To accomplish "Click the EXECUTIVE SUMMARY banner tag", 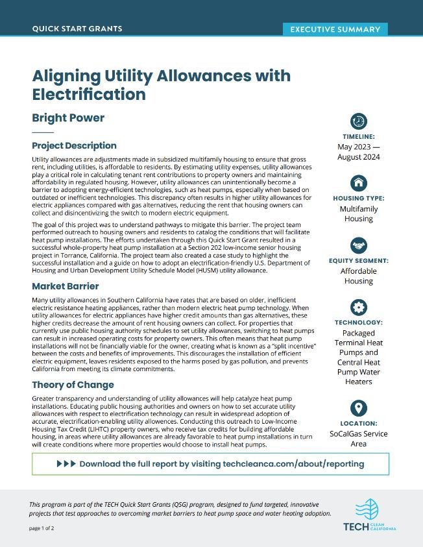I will [335, 29].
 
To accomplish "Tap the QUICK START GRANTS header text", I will [77, 29].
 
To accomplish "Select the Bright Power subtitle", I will [68, 118].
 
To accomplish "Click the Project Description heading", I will [74, 145].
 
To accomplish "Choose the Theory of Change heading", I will [73, 385].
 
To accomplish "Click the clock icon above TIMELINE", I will [359, 121].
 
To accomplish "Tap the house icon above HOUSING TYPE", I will [359, 182].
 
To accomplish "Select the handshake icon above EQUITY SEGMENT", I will [359, 245].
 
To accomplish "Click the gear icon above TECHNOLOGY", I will [359, 306].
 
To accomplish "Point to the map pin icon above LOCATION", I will [359, 408].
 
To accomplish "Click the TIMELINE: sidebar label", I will [359, 136].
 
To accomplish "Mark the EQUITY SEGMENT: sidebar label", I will [359, 261].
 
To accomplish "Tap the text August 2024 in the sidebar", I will [359, 158].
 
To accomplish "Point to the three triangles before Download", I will [66, 464].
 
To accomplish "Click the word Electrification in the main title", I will [89, 95].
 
